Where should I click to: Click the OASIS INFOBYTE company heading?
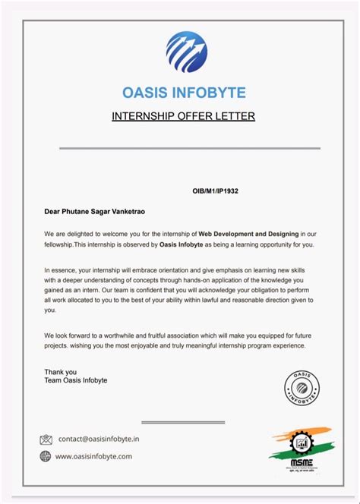point(184,93)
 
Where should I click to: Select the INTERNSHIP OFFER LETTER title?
point(183,116)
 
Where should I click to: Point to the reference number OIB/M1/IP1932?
point(215,192)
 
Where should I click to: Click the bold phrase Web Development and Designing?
point(250,234)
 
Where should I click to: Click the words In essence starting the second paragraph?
point(61,270)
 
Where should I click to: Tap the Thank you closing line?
point(61,372)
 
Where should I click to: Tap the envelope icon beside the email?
point(46,439)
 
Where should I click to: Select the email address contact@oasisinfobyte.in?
point(99,439)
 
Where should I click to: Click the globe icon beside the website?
point(46,456)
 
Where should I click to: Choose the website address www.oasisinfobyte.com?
point(94,456)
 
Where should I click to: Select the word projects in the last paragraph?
point(58,346)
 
